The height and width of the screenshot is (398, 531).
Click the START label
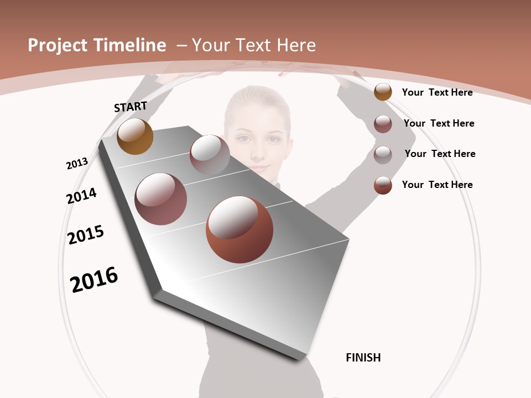click(x=131, y=107)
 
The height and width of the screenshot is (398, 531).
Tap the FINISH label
click(x=363, y=358)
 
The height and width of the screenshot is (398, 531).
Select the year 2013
click(x=77, y=164)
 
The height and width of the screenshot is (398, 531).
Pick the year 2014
click(x=81, y=196)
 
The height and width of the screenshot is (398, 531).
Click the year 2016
click(x=94, y=280)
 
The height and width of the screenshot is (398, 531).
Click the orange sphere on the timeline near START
click(x=135, y=137)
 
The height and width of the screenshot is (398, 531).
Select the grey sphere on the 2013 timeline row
click(x=210, y=154)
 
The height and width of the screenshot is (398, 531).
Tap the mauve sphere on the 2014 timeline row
click(x=161, y=199)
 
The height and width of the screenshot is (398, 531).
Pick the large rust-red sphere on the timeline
click(x=240, y=229)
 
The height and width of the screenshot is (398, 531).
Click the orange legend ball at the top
click(x=383, y=92)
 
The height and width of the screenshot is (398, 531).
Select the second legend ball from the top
click(x=383, y=124)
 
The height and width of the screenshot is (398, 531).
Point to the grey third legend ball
click(x=383, y=155)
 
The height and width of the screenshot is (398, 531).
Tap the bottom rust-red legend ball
click(x=383, y=185)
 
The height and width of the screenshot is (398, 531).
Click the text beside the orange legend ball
click(x=437, y=92)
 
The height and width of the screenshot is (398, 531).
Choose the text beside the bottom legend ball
click(x=437, y=185)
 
